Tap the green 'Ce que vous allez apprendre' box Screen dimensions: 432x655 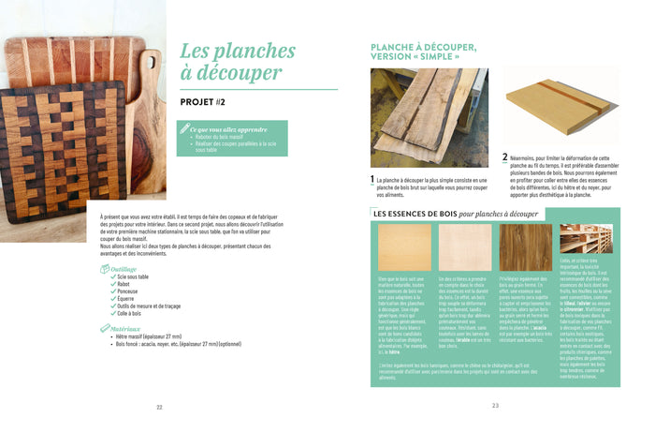pos(232,139)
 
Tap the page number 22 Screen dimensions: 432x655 pos(159,407)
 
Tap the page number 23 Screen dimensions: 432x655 pos(495,406)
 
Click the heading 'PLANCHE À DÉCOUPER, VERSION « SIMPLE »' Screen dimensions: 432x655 pos(423,52)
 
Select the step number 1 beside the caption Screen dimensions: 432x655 pos(373,178)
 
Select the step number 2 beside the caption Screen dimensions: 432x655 pos(505,157)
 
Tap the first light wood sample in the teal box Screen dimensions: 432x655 pos(404,247)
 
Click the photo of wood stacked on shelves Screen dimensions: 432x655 pos(586,239)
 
